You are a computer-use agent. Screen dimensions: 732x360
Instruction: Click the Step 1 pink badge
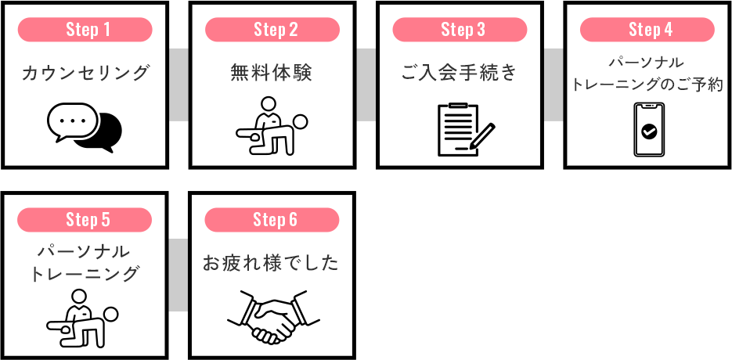coord(85,30)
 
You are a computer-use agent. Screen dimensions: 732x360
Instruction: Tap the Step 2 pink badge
coord(272,30)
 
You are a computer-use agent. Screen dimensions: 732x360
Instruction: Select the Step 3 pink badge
coord(460,30)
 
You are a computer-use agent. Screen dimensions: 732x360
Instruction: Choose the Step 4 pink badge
coord(647,30)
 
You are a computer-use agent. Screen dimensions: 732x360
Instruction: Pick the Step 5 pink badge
coord(85,219)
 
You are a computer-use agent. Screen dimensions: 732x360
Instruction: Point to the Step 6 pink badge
coord(272,219)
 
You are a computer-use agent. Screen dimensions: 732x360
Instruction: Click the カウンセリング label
coord(85,74)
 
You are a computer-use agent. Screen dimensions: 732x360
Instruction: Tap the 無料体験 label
coord(272,73)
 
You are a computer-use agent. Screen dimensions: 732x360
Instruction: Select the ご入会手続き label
coord(460,73)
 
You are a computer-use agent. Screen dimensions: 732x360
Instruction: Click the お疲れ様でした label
coord(271,263)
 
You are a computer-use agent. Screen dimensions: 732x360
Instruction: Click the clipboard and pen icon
coord(466,129)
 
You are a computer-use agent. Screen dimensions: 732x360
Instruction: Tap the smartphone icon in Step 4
coord(649,129)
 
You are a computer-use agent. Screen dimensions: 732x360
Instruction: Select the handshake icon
coord(273,317)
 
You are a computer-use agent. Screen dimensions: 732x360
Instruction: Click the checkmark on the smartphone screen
coord(649,131)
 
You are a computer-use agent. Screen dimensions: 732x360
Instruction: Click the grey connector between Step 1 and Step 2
coord(178,85)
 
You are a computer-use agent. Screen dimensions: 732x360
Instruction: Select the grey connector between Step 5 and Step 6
coord(178,275)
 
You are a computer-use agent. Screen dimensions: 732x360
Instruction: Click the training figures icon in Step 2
coord(272,126)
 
